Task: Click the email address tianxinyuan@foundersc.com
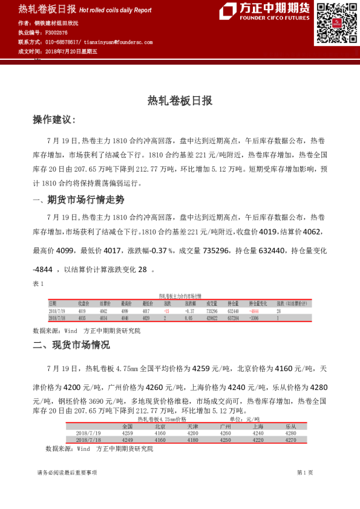[x=118, y=42]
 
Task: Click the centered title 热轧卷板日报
[x=180, y=101]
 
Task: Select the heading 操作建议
[x=54, y=120]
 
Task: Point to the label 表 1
[x=39, y=284]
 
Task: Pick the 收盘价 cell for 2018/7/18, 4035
[x=83, y=317]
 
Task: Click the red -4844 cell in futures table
[x=254, y=310]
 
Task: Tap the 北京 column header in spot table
[x=160, y=426]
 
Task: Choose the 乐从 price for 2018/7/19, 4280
[x=290, y=433]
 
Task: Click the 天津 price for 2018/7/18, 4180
[x=192, y=440]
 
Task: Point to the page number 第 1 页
[x=305, y=472]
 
